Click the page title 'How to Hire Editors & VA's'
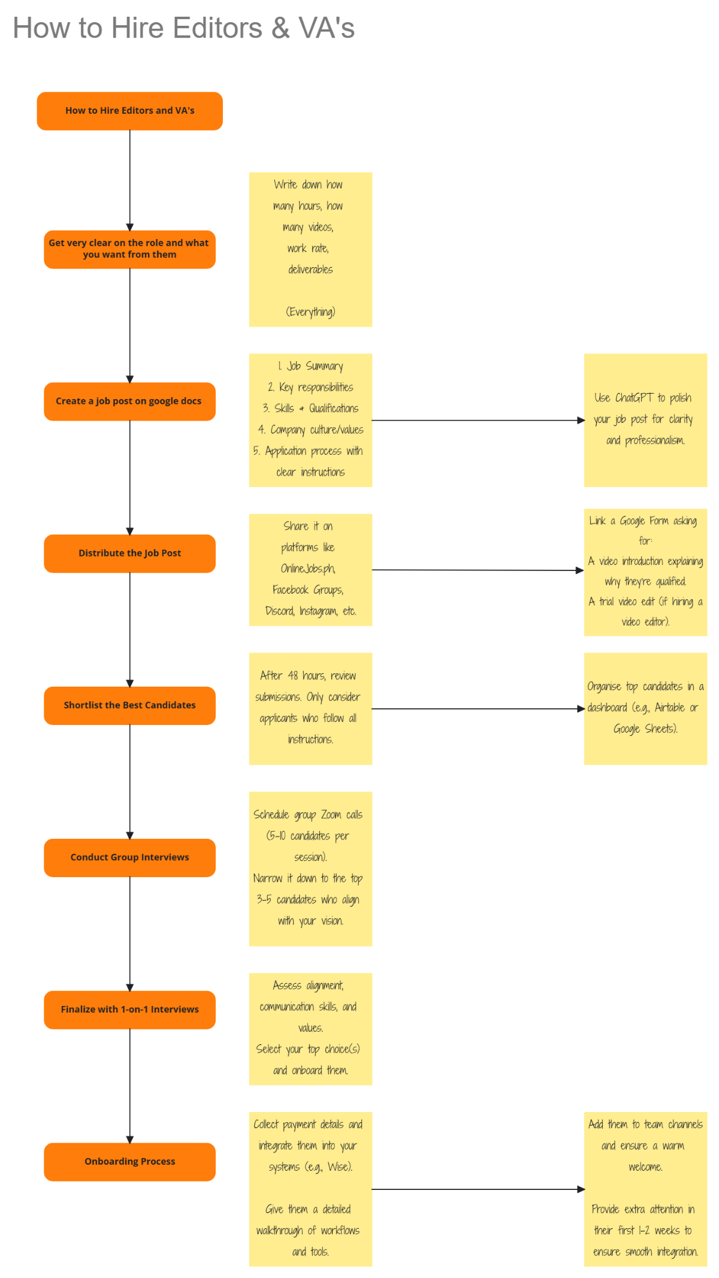point(183,28)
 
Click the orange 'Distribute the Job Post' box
point(129,553)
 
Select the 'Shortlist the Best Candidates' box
point(129,705)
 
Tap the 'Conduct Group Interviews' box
point(129,857)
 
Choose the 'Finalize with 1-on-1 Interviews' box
point(129,1010)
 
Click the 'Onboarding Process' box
point(129,1162)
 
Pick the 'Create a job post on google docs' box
point(129,401)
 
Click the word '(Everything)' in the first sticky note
point(310,312)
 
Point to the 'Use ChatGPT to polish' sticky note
point(645,419)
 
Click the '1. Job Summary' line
point(310,366)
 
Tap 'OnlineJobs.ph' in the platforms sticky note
point(308,569)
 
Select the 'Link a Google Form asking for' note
point(645,572)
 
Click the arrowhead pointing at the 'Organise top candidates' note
point(581,709)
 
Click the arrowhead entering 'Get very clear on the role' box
point(130,227)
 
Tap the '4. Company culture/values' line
point(310,430)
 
